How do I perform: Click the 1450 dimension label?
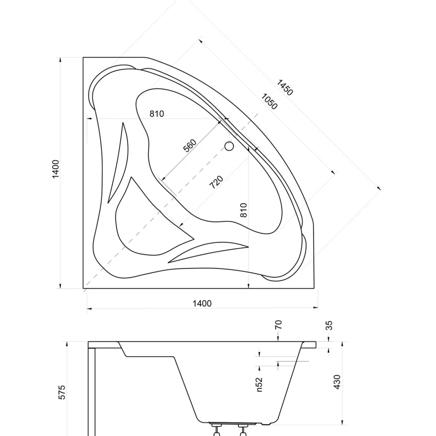click(x=285, y=88)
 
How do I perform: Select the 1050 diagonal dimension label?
click(x=269, y=102)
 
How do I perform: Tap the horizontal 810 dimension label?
click(x=157, y=114)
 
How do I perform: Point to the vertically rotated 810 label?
click(x=243, y=210)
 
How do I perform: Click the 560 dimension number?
click(x=190, y=146)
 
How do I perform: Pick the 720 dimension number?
click(x=216, y=182)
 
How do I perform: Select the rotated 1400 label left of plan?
click(x=56, y=169)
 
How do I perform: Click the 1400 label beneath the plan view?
click(x=202, y=303)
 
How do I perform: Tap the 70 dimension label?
click(x=278, y=325)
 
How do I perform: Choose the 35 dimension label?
click(x=329, y=325)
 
